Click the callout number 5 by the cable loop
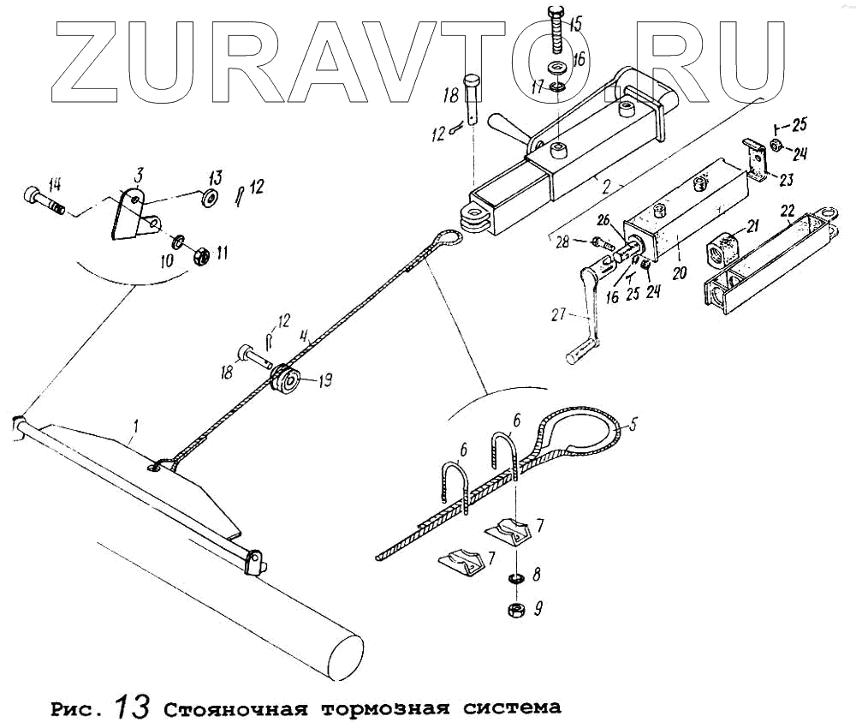pos(633,422)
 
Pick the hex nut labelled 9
pos(517,610)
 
